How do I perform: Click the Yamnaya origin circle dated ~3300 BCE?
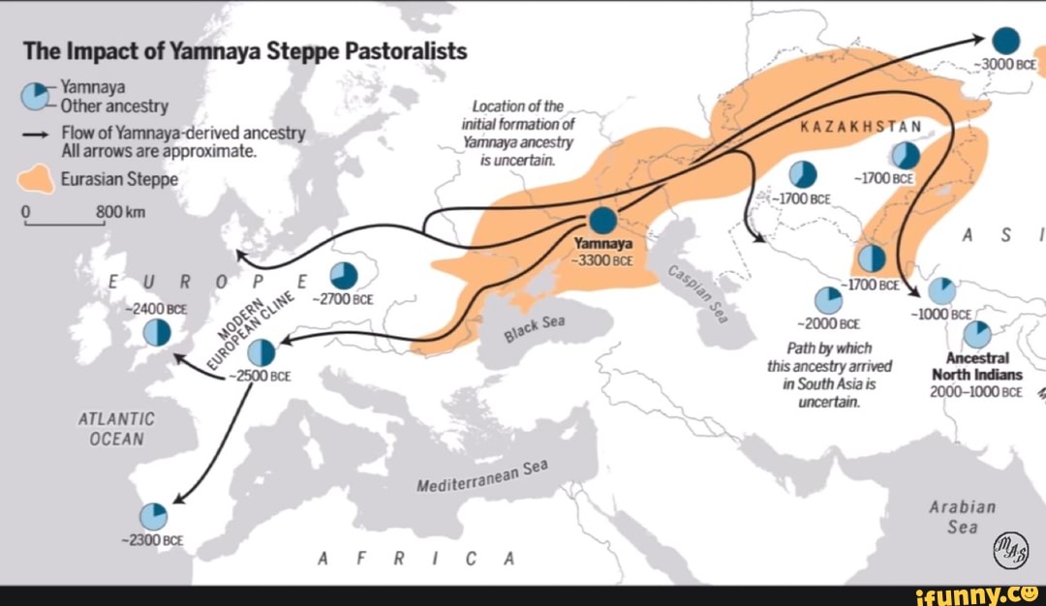point(602,220)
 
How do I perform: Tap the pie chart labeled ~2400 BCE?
point(158,332)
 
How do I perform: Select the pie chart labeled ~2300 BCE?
point(153,516)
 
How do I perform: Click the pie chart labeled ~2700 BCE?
point(344,276)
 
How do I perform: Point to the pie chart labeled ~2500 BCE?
point(261,353)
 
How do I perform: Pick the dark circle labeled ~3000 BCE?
point(1005,40)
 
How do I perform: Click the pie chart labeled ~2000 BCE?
point(828,300)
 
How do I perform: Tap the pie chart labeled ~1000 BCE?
point(941,290)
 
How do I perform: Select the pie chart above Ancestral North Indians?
point(977,334)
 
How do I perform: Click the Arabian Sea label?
point(961,517)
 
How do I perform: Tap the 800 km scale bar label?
point(119,213)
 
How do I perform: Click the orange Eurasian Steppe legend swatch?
point(35,179)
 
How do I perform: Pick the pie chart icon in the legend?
point(35,96)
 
